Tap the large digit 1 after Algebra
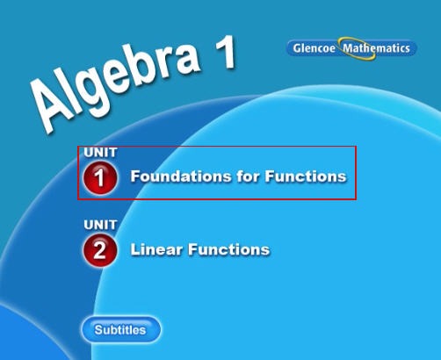(217, 52)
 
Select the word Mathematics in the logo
(376, 48)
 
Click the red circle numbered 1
(100, 177)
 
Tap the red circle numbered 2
(100, 250)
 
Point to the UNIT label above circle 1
(100, 153)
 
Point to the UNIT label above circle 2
(100, 225)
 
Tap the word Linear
(155, 249)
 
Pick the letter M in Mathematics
(348, 48)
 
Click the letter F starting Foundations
(135, 176)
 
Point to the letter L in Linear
(134, 249)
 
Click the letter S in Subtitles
(98, 331)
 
